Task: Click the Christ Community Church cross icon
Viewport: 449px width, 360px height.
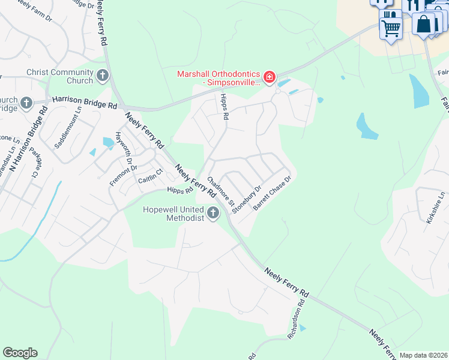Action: click(103, 76)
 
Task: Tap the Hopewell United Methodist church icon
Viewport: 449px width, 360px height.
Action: click(213, 213)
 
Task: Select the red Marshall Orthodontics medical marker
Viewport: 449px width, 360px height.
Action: click(270, 77)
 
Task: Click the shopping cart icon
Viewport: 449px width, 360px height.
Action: click(391, 26)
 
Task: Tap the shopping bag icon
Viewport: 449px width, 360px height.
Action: click(424, 24)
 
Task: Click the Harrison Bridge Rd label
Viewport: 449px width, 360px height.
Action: click(84, 103)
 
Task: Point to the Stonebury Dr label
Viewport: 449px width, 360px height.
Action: click(247, 199)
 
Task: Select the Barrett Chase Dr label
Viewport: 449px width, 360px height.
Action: click(272, 193)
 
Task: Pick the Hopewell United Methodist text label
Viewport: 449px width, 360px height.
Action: click(173, 214)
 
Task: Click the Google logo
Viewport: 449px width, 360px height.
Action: click(20, 353)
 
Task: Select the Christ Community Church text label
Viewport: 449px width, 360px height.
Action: click(60, 76)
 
